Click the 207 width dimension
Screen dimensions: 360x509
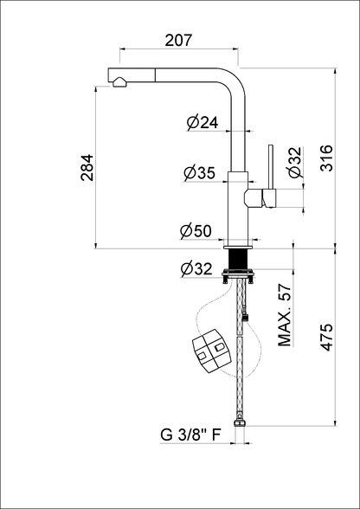coord(178,40)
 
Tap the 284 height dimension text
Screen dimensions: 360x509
coord(87,168)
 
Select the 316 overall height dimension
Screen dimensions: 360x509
coord(326,158)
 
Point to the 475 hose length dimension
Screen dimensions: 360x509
coord(326,337)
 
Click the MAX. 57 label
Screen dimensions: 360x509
coord(285,315)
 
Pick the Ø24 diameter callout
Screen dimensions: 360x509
coord(202,122)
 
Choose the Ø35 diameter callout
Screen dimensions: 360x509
coord(199,173)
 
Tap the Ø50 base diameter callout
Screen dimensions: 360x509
coord(196,231)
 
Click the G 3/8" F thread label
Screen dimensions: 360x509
coord(190,435)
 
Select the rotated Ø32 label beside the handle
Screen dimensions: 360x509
coord(296,162)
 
